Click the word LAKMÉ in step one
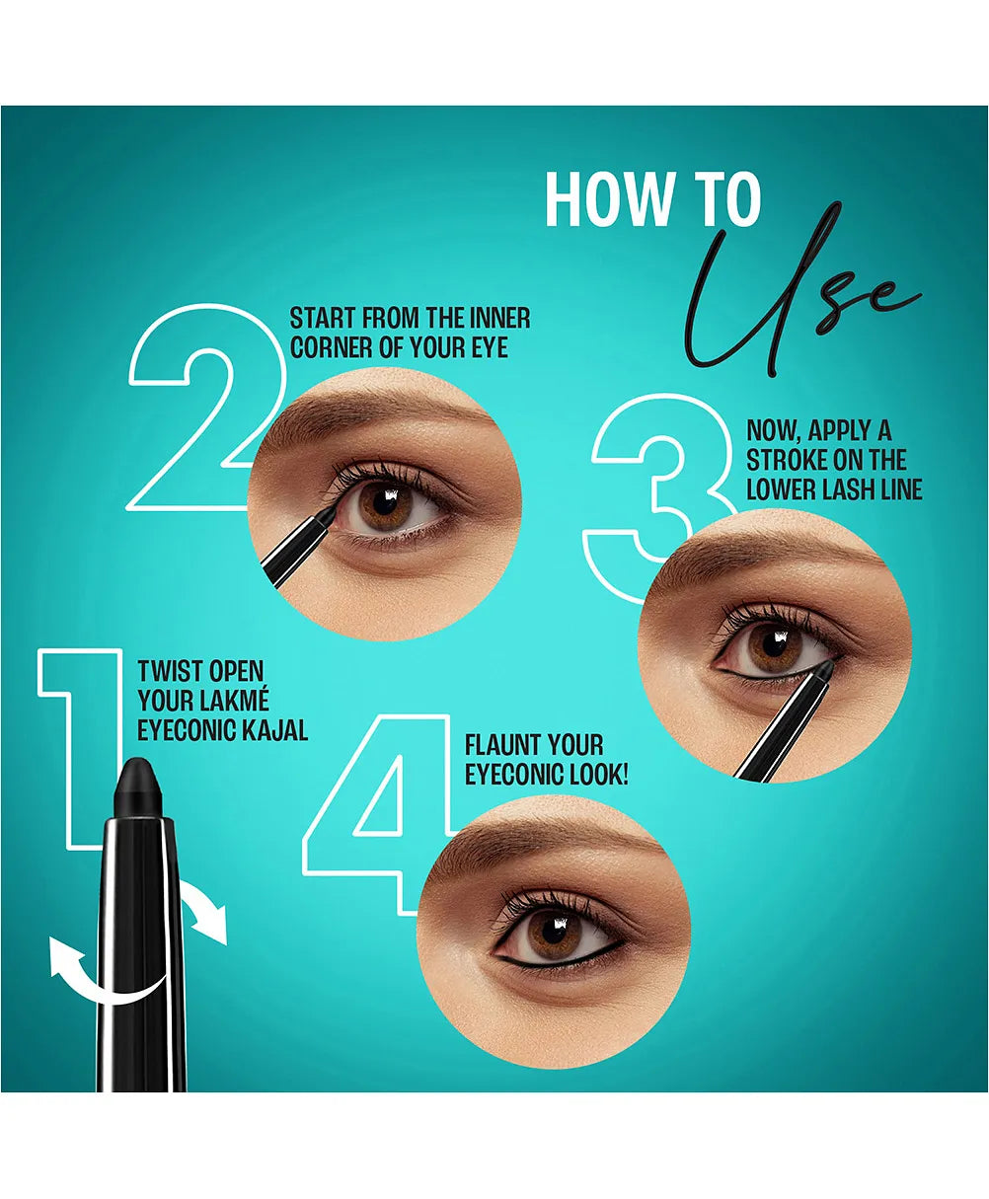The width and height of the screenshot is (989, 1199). coord(234,701)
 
